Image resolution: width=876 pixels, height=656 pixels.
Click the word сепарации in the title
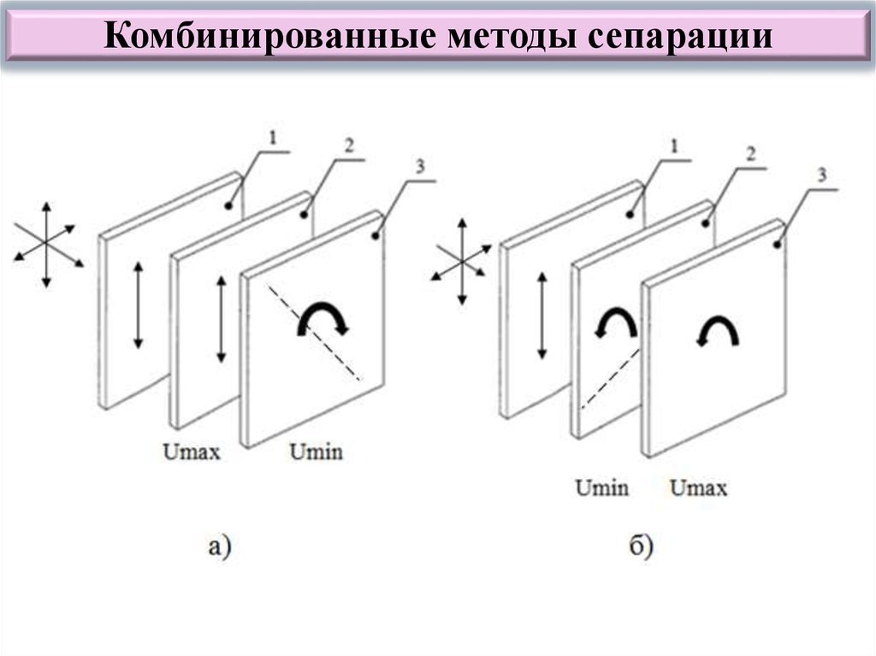(x=680, y=37)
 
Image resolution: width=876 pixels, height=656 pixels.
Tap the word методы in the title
(x=512, y=36)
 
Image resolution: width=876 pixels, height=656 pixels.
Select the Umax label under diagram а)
(x=192, y=452)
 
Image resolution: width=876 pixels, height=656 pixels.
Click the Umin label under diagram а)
(x=317, y=452)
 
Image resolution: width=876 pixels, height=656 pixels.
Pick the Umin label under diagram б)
(x=601, y=488)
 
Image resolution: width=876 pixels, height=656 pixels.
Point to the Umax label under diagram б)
(x=698, y=488)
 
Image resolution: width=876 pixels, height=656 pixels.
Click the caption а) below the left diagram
(x=220, y=546)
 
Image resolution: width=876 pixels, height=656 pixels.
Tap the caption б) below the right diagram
(x=641, y=546)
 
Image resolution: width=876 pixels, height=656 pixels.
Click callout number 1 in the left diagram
(x=273, y=137)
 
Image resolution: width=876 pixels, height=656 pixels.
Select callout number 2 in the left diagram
(x=349, y=146)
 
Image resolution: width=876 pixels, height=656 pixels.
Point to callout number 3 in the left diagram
(x=420, y=166)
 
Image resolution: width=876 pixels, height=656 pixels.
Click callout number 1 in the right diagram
(x=674, y=146)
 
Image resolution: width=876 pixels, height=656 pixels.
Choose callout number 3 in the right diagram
(x=822, y=175)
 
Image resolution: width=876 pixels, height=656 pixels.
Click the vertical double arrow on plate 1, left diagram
(x=138, y=305)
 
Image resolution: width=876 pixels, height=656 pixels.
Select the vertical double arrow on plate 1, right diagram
(x=542, y=315)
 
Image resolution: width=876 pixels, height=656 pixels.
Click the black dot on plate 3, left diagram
(x=376, y=236)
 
